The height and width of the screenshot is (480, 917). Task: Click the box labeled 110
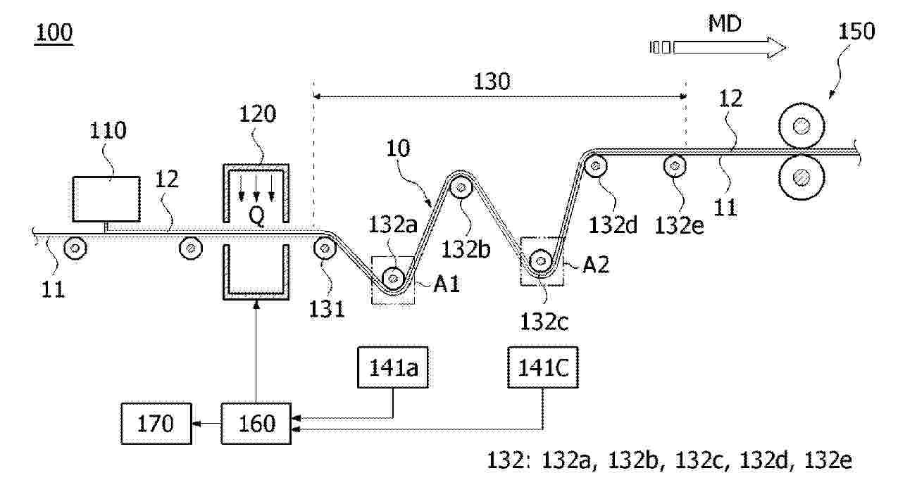(105, 198)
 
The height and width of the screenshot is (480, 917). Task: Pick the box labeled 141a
(392, 368)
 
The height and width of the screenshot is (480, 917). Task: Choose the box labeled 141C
(542, 368)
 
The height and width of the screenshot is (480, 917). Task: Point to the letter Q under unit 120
(257, 217)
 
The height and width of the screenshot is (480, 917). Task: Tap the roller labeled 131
(325, 248)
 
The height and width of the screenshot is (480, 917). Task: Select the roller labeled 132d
(596, 167)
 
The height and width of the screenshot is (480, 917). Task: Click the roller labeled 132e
(675, 166)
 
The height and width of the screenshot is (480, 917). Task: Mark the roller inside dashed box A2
(542, 261)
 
